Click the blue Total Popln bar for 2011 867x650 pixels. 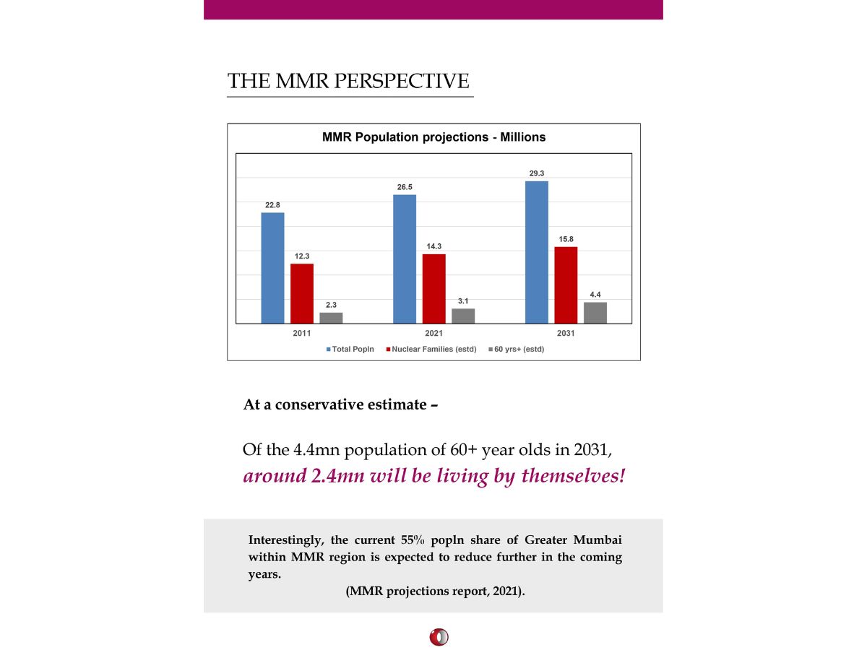[x=272, y=268]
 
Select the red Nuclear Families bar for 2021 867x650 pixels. [x=433, y=289]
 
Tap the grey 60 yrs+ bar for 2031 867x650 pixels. [x=595, y=313]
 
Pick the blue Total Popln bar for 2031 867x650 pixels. [x=536, y=252]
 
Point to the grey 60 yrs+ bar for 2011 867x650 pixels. [x=331, y=318]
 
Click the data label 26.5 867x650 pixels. [x=405, y=187]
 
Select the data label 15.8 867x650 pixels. [x=566, y=239]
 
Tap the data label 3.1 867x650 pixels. [x=463, y=300]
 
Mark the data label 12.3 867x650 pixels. [x=302, y=256]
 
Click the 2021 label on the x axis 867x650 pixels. [x=433, y=333]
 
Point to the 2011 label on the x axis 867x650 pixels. [x=302, y=333]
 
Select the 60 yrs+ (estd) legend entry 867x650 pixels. [x=517, y=350]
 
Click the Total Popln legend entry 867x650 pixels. [x=352, y=350]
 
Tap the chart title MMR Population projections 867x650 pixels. [x=433, y=136]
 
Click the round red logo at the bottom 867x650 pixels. [x=438, y=637]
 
